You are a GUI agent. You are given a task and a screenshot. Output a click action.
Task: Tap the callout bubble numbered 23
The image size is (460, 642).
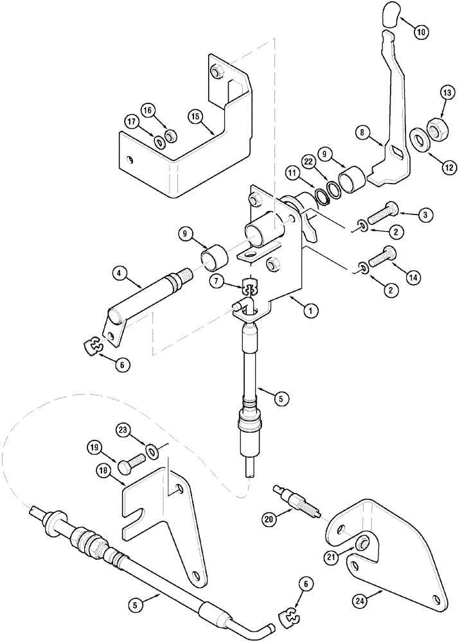coord(123,430)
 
